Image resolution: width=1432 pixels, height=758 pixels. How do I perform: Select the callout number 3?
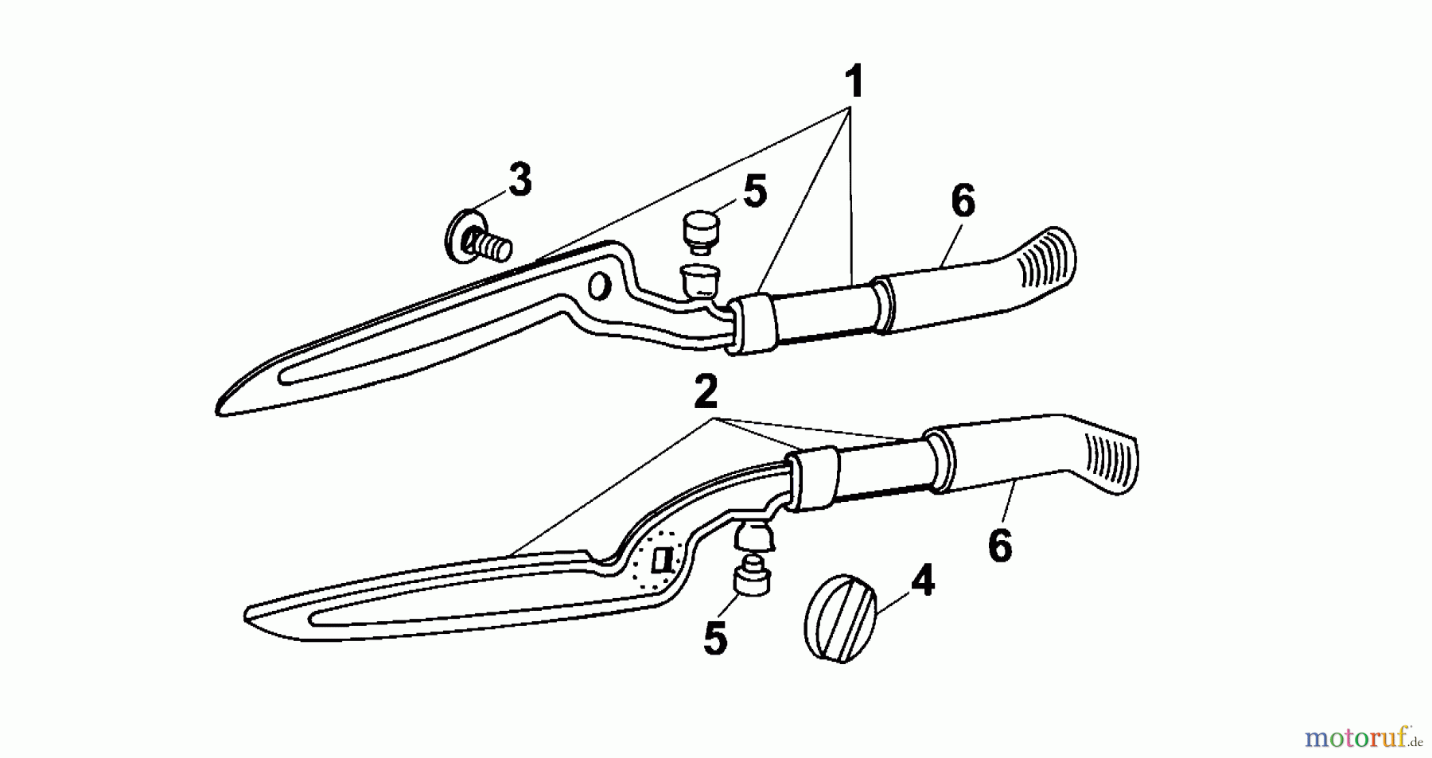(520, 180)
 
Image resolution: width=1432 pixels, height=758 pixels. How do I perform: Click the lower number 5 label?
(715, 638)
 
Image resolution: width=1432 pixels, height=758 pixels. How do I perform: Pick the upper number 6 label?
(963, 202)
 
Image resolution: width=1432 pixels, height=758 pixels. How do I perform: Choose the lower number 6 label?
(999, 546)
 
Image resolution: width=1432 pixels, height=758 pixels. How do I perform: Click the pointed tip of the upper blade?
(218, 410)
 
